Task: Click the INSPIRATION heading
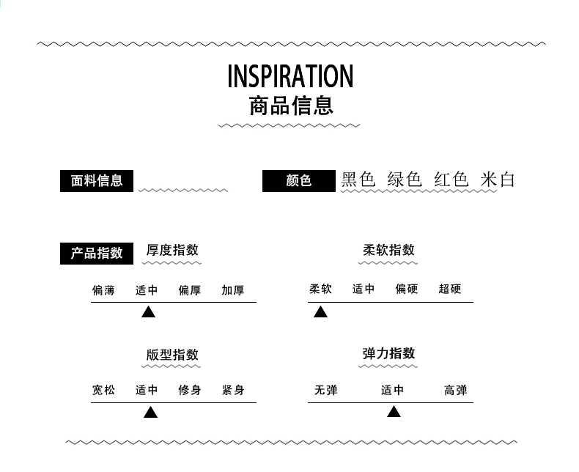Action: click(290, 76)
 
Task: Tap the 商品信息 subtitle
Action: click(291, 106)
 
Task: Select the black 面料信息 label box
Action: click(97, 180)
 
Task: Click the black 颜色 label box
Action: click(299, 180)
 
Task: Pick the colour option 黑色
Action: click(358, 180)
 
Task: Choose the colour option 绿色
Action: click(405, 180)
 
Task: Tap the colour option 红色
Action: click(451, 180)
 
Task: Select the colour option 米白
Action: click(498, 180)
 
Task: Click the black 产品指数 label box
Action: click(97, 253)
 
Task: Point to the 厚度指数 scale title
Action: click(172, 250)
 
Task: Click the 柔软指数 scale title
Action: click(389, 250)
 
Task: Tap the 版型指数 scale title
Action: click(172, 355)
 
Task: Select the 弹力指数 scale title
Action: click(389, 353)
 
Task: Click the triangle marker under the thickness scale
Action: click(148, 312)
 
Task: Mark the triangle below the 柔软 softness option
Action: click(320, 312)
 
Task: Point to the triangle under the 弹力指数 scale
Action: click(394, 412)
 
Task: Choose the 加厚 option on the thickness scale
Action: click(233, 290)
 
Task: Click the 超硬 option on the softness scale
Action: click(450, 289)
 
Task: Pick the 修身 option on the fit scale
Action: click(190, 391)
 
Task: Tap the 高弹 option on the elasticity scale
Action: click(455, 391)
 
